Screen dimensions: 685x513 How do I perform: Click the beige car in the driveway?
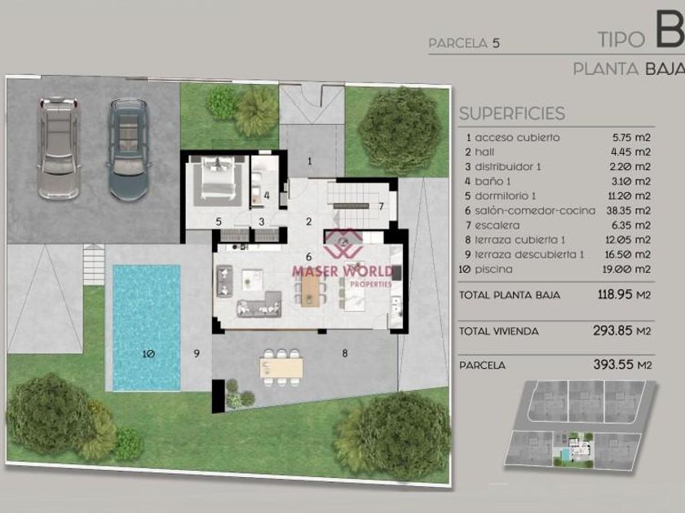click(x=59, y=148)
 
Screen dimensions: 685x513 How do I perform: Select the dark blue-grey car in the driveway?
click(x=129, y=149)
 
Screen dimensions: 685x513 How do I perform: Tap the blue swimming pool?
click(x=146, y=327)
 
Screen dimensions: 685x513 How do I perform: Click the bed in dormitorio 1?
click(x=217, y=179)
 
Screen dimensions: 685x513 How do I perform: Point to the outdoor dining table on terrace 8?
click(x=281, y=367)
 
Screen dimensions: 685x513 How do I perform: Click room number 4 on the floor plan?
click(x=267, y=196)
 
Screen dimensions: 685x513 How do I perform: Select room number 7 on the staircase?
click(x=381, y=206)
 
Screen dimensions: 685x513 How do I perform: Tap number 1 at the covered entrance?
click(x=310, y=161)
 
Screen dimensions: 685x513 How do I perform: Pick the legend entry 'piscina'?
click(x=493, y=270)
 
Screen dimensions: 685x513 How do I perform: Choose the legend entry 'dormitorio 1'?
click(x=506, y=196)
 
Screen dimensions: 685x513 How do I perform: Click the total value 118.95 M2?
click(x=625, y=295)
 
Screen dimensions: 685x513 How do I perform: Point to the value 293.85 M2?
click(x=622, y=331)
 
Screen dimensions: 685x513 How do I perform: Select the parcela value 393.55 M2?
click(x=622, y=364)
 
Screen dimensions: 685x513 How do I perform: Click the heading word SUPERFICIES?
click(x=512, y=113)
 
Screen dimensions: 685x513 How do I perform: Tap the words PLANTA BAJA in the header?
click(x=629, y=69)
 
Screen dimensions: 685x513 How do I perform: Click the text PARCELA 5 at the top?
click(x=464, y=43)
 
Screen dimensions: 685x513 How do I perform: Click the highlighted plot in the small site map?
click(x=573, y=449)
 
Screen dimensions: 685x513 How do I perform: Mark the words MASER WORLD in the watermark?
click(x=342, y=271)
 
